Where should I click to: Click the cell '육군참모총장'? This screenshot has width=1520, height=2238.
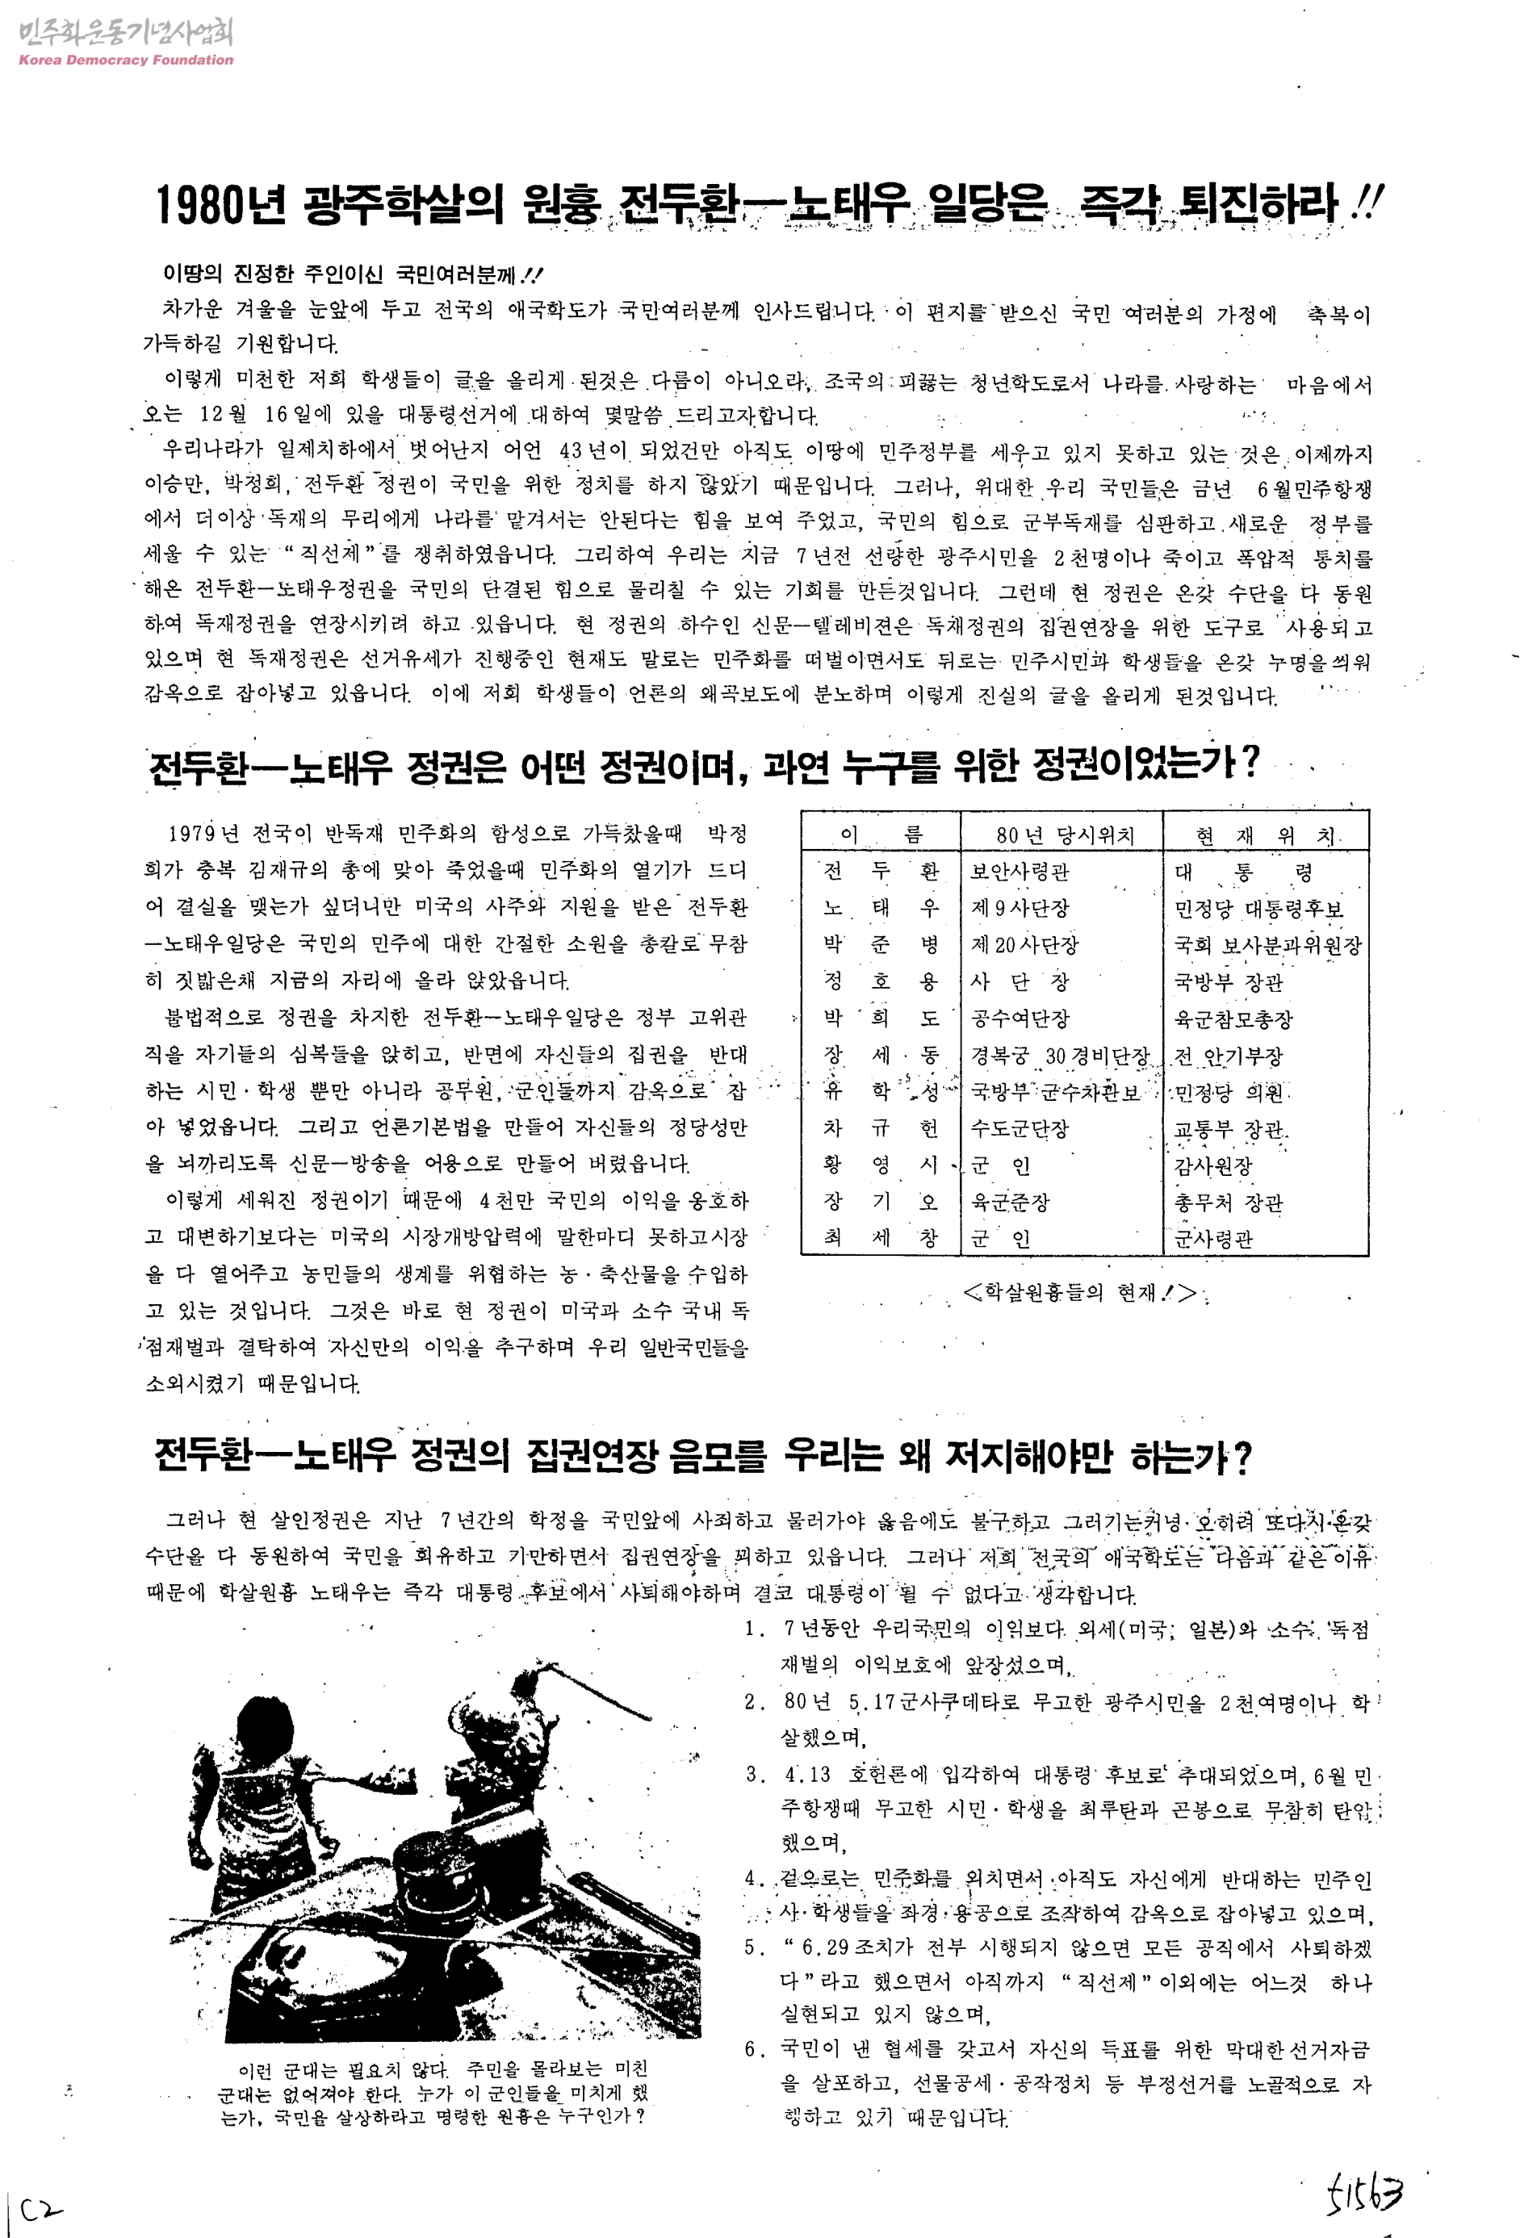1233,1019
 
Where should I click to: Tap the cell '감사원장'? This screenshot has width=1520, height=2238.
1212,1165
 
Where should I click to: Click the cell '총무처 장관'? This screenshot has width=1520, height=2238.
1228,1202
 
